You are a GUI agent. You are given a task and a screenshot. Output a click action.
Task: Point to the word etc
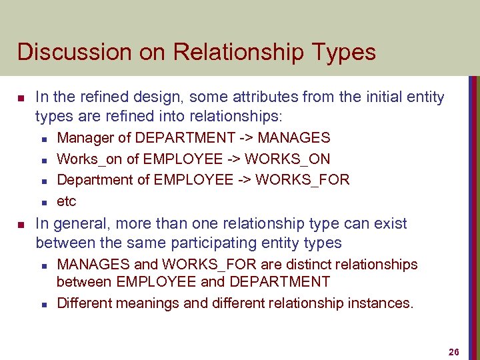coord(67,201)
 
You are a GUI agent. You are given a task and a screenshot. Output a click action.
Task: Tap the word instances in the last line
coord(380,303)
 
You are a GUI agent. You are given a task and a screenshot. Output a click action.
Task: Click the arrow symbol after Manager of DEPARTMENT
coord(246,138)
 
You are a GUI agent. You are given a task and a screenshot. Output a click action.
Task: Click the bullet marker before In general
coord(21,224)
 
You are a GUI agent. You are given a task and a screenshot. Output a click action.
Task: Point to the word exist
coord(391,223)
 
